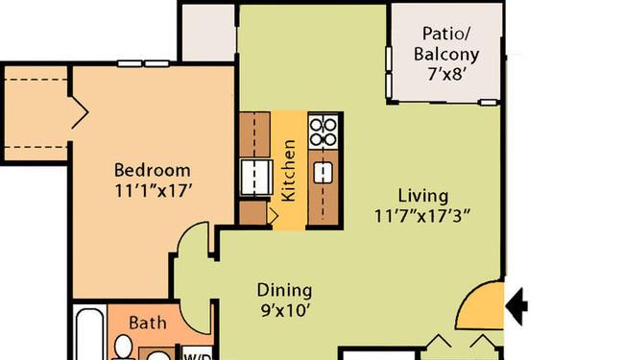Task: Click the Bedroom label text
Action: [153, 170]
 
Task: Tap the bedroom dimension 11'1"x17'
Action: [154, 191]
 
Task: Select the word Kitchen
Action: [288, 170]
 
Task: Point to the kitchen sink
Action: [324, 173]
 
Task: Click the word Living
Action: [423, 196]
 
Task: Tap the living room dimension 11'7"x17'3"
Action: [422, 216]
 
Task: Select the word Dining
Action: [284, 291]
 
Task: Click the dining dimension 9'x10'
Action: [285, 310]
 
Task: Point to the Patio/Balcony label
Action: [446, 44]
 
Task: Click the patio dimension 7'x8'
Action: [446, 74]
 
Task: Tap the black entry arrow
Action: [516, 306]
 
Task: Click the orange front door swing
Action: [481, 305]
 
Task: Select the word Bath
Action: [148, 323]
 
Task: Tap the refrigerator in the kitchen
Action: [256, 177]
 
